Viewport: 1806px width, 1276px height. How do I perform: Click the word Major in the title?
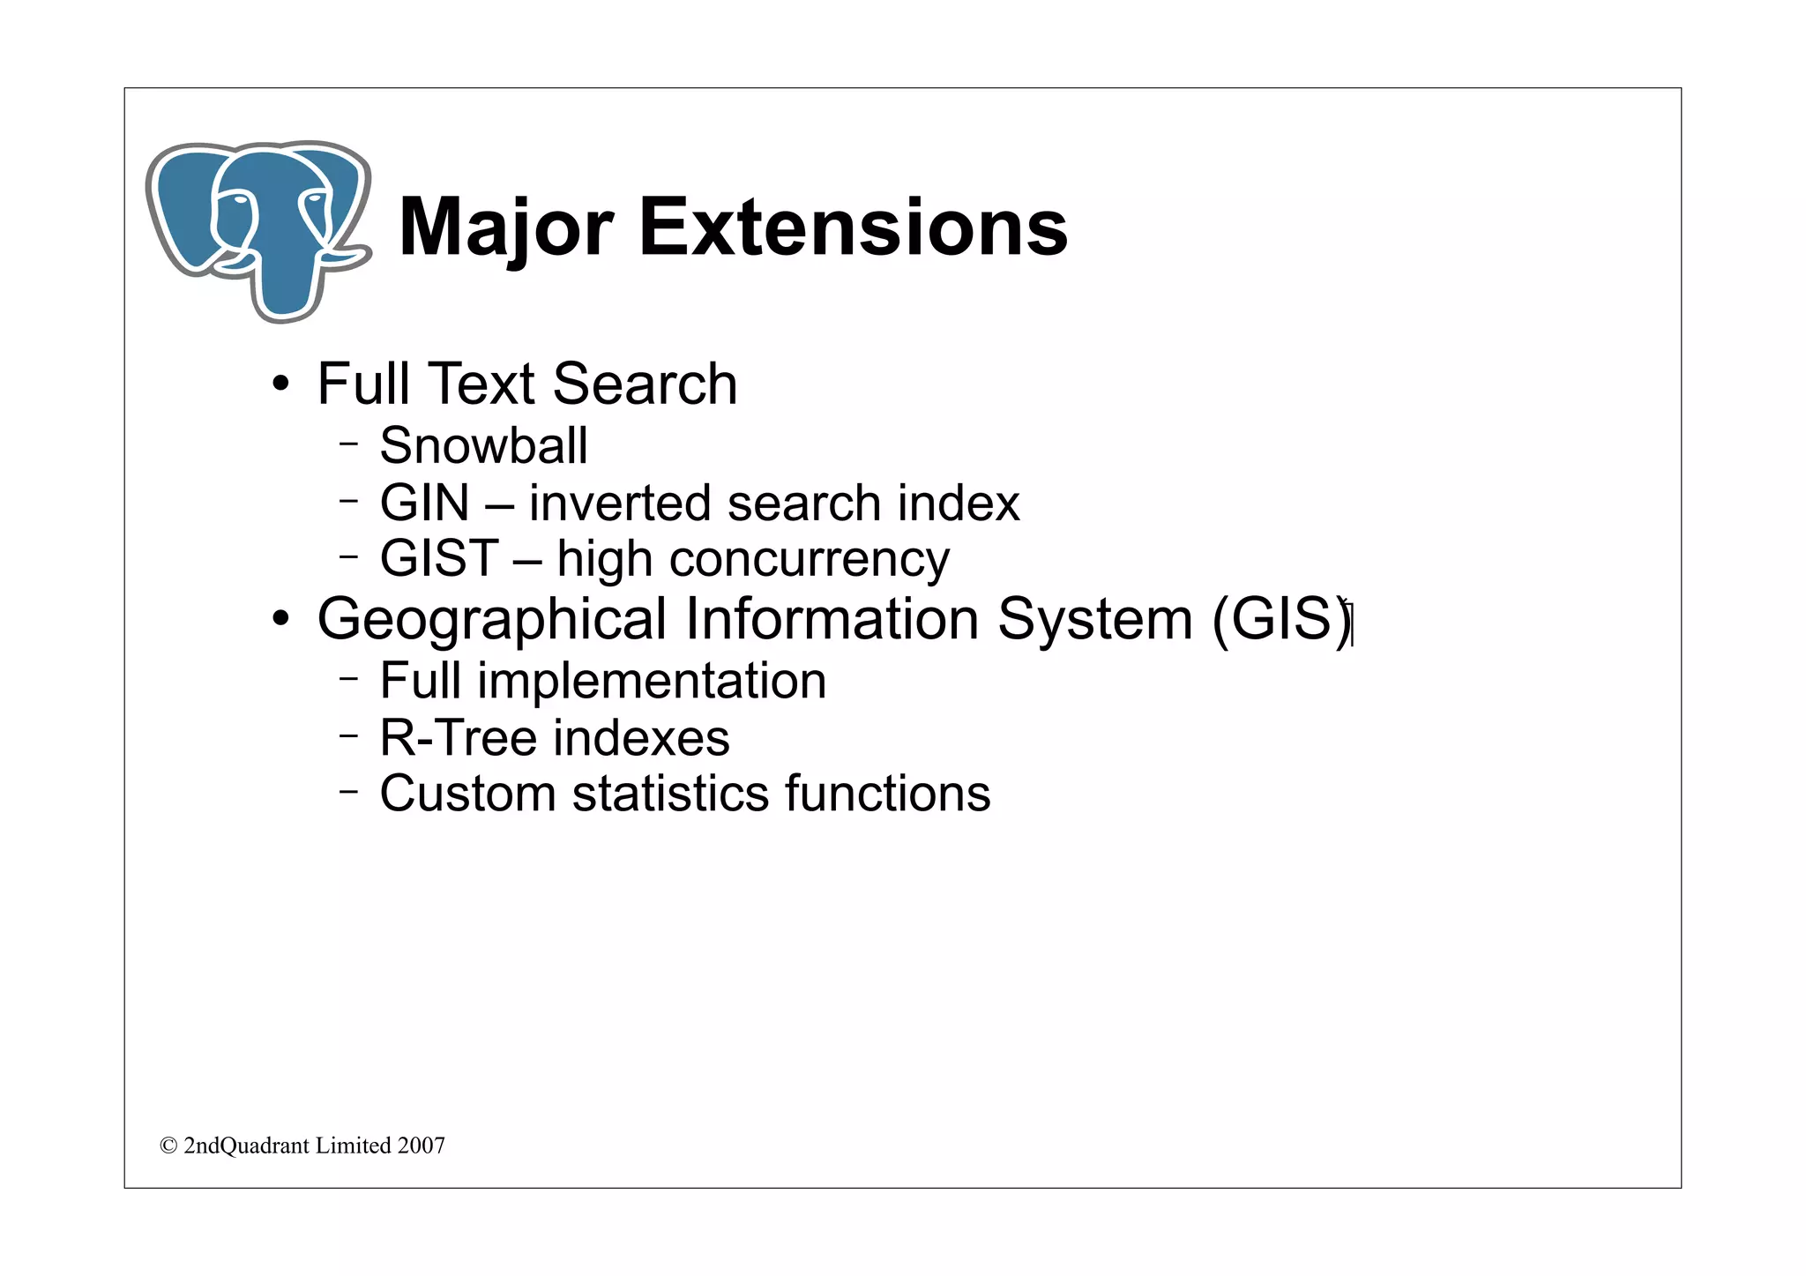click(506, 229)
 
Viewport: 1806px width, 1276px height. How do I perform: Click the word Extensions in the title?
click(852, 228)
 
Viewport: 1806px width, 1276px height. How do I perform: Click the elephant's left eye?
click(236, 201)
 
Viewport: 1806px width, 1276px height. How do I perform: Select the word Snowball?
click(483, 445)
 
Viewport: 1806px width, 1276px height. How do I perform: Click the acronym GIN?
click(424, 504)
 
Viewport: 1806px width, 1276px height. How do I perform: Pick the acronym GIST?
click(439, 558)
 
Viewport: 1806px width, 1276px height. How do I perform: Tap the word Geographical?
click(491, 619)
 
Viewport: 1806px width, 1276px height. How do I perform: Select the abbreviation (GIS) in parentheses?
click(1281, 619)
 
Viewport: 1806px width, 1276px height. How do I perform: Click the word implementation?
click(652, 682)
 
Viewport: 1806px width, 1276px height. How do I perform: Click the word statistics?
click(669, 794)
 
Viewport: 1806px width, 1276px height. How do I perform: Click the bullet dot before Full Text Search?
click(280, 384)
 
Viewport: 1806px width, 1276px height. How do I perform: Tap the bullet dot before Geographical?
click(280, 619)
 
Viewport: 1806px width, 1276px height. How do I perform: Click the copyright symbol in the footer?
click(168, 1145)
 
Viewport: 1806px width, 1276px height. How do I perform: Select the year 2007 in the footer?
click(421, 1145)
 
